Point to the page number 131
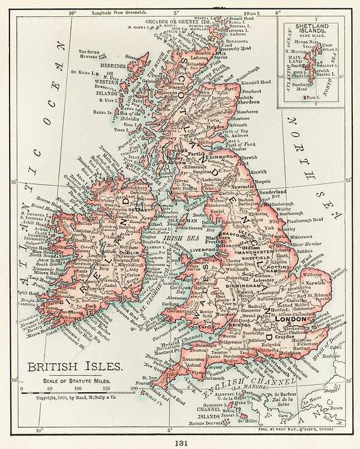point(179,442)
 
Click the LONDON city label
point(290,319)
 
